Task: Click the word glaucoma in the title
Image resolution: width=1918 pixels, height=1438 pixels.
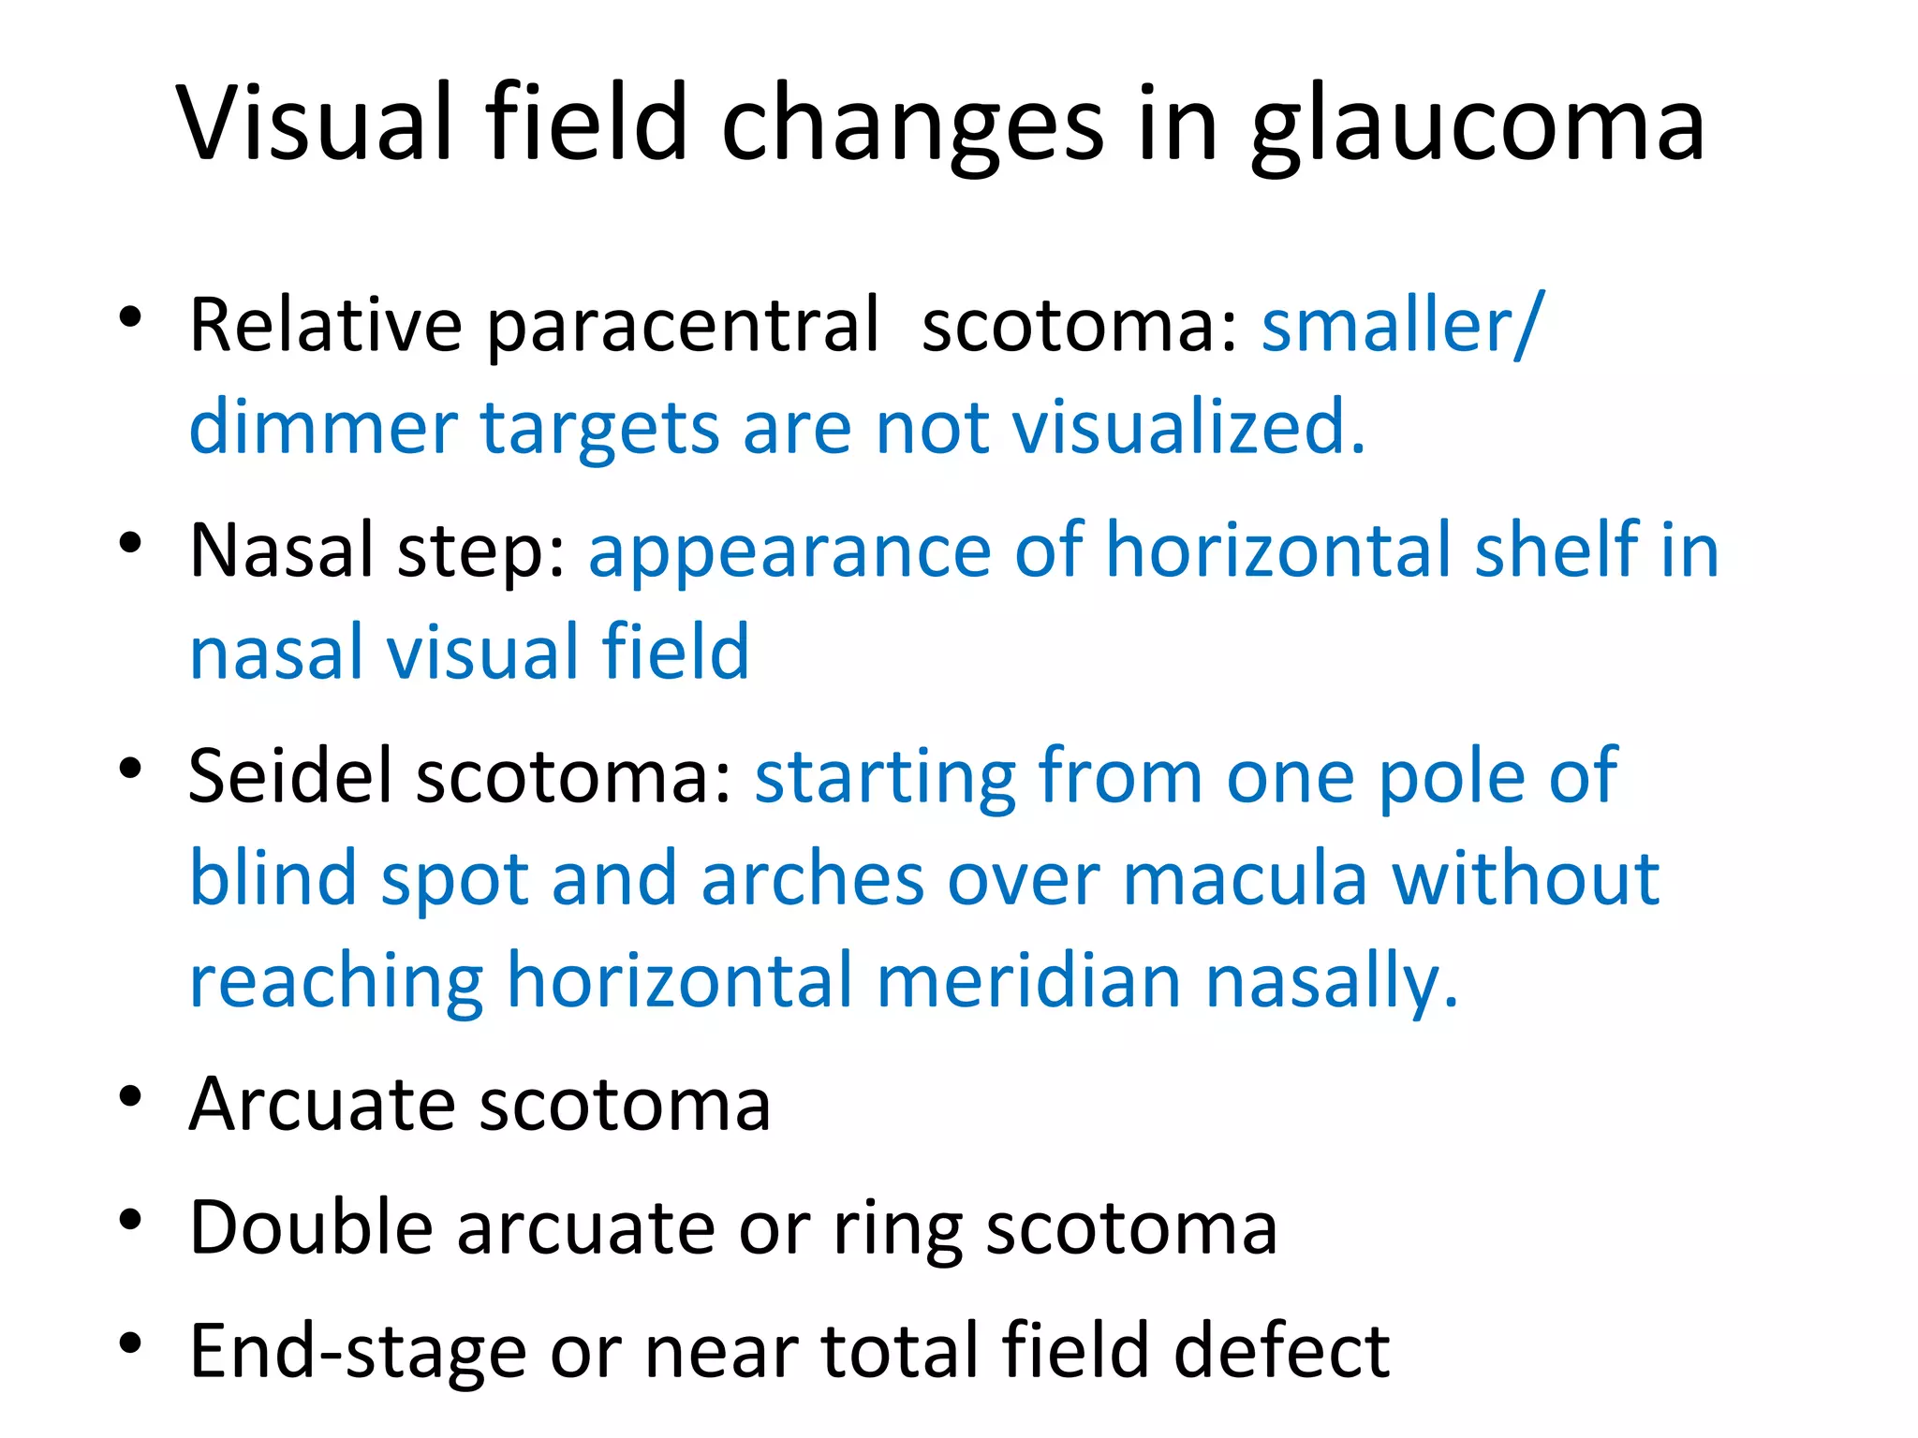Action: point(1478,126)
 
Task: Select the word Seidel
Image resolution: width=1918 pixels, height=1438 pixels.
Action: point(289,776)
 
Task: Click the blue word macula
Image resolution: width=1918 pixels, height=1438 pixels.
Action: point(1245,879)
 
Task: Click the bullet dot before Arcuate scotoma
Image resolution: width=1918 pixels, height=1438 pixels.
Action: point(130,1096)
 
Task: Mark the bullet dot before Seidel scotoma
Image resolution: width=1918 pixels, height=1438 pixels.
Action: point(130,769)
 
